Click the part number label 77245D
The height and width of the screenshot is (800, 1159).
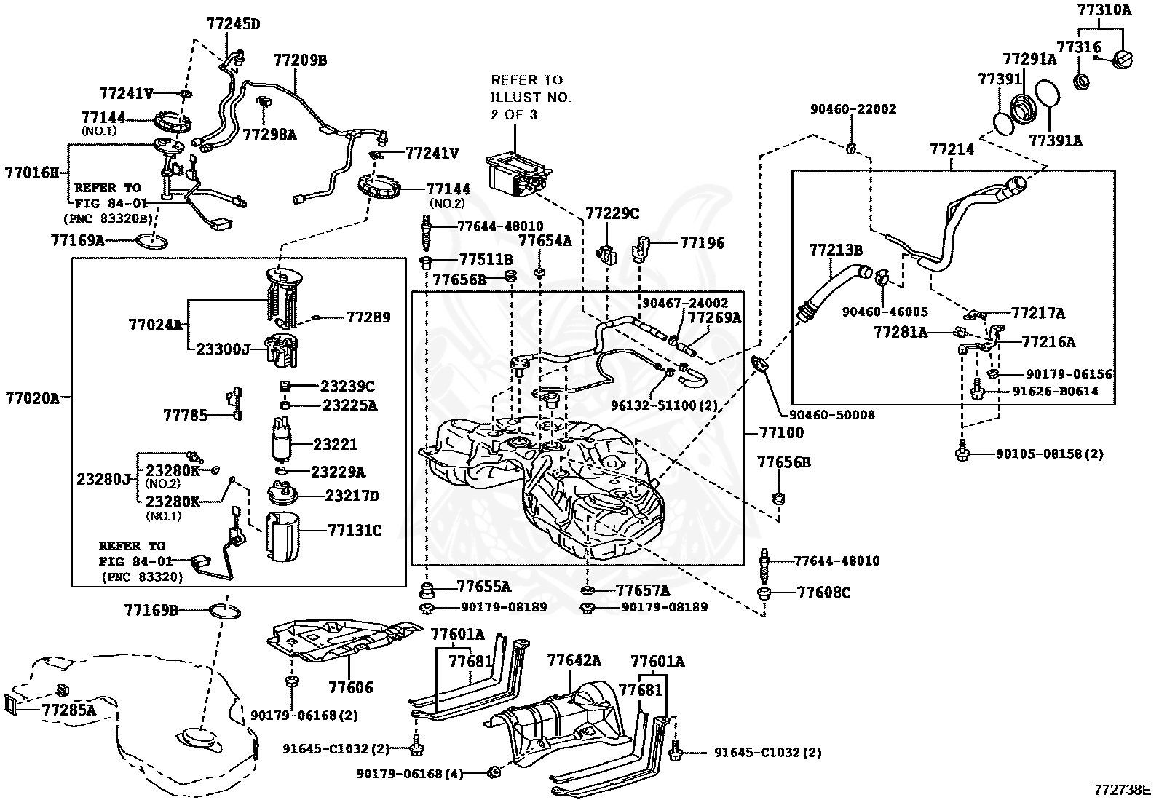(x=233, y=24)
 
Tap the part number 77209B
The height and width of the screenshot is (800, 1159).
(x=300, y=60)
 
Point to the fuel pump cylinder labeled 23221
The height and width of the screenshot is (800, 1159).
(x=282, y=439)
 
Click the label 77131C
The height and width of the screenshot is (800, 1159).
(x=355, y=531)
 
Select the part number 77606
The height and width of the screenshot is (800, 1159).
(x=351, y=687)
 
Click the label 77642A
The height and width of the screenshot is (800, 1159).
(x=574, y=660)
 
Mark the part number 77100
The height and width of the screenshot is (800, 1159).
(x=782, y=432)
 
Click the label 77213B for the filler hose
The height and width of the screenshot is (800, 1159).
(x=836, y=250)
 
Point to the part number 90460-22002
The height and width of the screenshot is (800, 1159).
(x=853, y=109)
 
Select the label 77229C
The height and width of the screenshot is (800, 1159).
(x=612, y=213)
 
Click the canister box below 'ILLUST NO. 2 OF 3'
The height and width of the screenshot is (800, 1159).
(x=518, y=177)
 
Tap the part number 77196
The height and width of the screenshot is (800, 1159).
(x=702, y=242)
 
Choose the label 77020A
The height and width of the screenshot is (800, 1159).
(x=33, y=398)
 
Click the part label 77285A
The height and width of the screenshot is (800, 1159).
(x=69, y=710)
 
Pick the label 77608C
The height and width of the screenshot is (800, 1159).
(x=823, y=593)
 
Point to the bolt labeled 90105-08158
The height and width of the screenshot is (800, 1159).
(x=962, y=451)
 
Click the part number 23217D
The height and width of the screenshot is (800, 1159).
(x=352, y=496)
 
